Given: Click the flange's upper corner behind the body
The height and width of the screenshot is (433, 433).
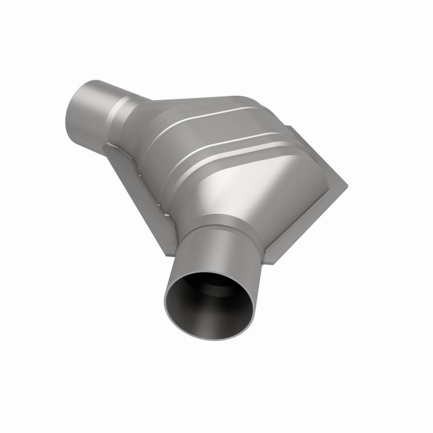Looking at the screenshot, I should [290, 128].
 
